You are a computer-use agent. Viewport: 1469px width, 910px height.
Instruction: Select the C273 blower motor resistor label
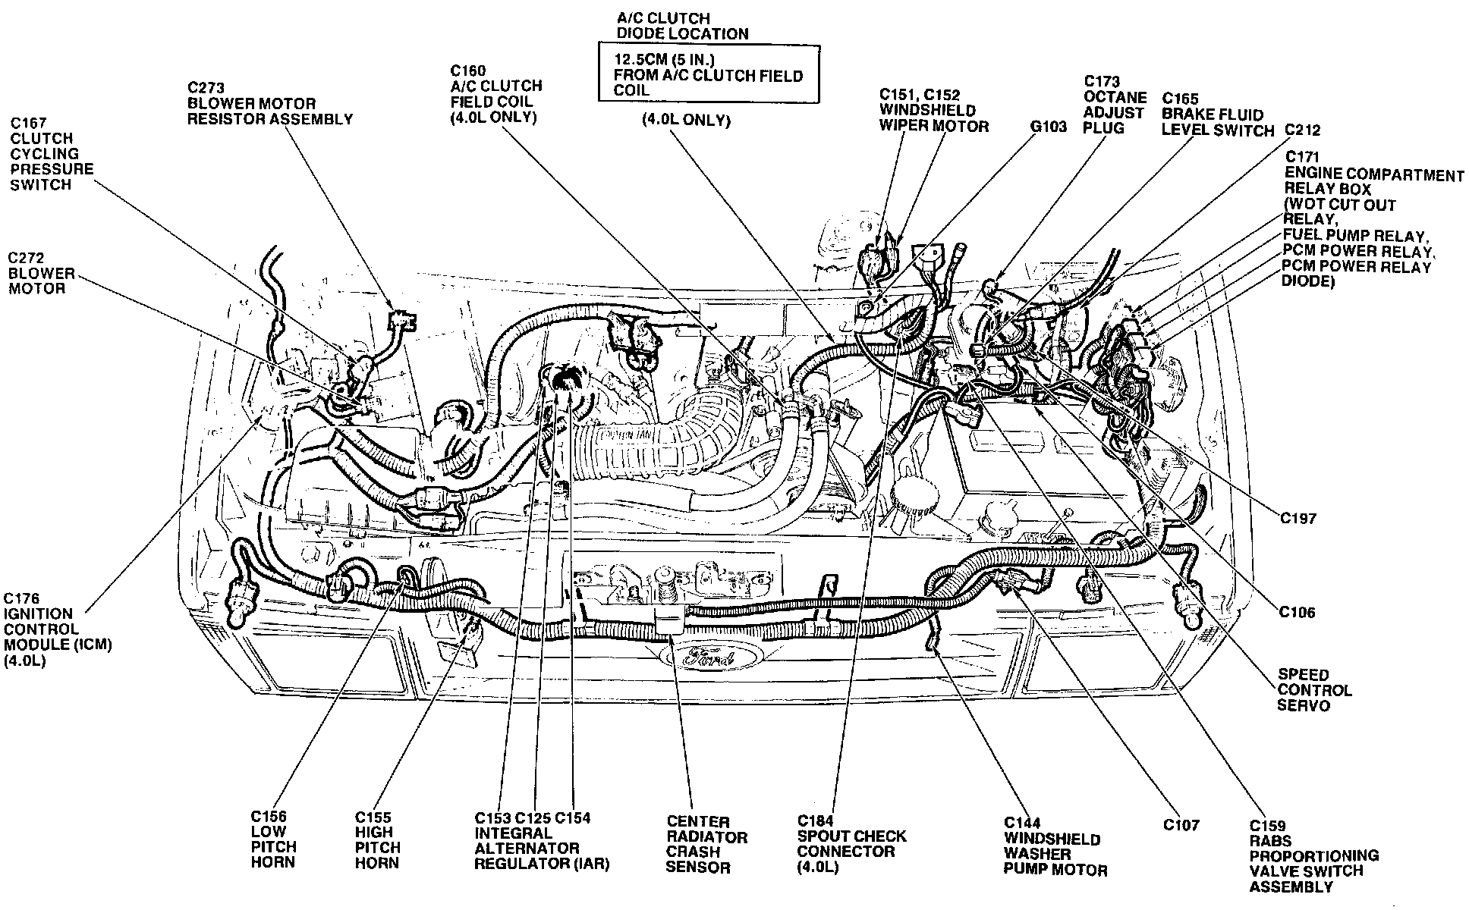point(269,103)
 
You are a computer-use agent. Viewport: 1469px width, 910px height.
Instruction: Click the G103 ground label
point(1048,127)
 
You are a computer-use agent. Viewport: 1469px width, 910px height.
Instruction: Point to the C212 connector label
point(1302,130)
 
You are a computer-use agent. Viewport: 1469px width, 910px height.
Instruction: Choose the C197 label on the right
point(1298,519)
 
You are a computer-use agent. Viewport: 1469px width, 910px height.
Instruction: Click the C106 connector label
point(1297,612)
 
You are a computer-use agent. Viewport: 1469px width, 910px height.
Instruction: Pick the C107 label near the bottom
point(1181,824)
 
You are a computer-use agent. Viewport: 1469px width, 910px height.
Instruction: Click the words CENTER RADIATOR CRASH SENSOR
point(706,844)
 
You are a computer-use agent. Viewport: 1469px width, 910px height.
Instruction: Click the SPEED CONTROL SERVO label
point(1314,690)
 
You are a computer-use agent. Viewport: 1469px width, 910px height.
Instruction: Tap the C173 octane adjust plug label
point(1114,105)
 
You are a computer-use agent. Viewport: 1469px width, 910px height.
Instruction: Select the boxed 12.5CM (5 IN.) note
point(707,74)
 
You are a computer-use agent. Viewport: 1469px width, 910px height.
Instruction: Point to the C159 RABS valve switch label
point(1313,855)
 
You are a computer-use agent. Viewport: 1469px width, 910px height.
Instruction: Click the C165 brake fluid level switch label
point(1217,115)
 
